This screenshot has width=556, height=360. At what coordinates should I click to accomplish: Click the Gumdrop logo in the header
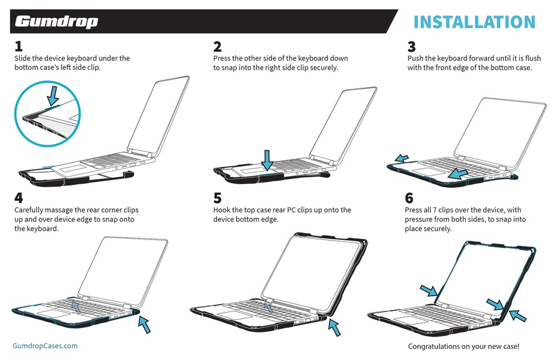(56, 22)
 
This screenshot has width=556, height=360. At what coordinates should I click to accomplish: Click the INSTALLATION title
(474, 22)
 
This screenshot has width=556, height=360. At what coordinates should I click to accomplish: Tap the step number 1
(19, 46)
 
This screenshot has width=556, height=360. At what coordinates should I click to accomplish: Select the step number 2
(218, 46)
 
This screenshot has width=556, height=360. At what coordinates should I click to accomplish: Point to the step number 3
(411, 46)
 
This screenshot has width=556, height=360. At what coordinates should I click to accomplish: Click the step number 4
(19, 198)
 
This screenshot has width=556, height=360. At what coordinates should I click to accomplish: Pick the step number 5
(218, 198)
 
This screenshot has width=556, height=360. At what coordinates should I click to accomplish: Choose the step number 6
(410, 198)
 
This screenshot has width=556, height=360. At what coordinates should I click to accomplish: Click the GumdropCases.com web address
(45, 345)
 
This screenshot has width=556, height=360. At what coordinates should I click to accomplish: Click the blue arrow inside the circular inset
(53, 95)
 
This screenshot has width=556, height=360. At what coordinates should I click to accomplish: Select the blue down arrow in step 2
(267, 159)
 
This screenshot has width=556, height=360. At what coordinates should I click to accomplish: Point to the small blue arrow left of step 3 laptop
(401, 158)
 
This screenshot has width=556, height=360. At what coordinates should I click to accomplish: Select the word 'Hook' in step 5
(223, 210)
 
